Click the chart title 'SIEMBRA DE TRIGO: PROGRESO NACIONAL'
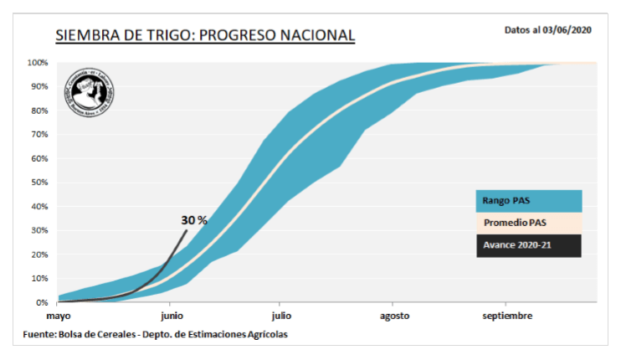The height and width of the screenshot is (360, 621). [205, 36]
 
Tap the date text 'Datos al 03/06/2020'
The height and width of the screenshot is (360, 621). [548, 29]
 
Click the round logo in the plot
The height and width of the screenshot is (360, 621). [93, 90]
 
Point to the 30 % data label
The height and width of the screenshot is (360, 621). [193, 220]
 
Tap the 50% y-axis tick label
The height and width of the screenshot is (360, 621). [39, 183]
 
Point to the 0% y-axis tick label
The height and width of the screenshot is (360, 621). [42, 302]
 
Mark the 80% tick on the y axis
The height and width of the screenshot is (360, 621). [39, 111]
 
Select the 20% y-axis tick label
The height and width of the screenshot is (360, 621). [39, 255]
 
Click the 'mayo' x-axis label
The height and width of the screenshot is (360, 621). [59, 316]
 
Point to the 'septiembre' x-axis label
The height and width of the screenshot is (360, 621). [506, 316]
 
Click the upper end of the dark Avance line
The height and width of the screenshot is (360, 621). [187, 230]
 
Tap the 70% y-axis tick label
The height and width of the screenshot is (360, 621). [39, 135]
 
